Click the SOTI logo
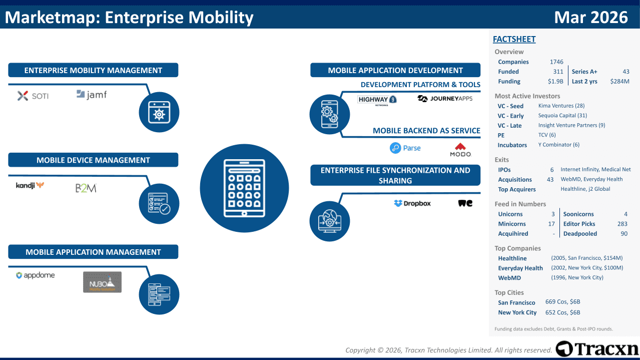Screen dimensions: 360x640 pyautogui.click(x=33, y=96)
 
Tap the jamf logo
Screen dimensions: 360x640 pyautogui.click(x=92, y=94)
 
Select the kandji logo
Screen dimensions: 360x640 pyautogui.click(x=30, y=186)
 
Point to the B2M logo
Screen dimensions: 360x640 pyautogui.click(x=86, y=188)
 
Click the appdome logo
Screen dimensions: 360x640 pyautogui.click(x=35, y=275)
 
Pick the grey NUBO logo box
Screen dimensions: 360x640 pyautogui.click(x=102, y=282)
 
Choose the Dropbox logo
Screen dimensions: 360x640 pyautogui.click(x=412, y=203)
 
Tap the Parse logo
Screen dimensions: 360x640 pyautogui.click(x=405, y=148)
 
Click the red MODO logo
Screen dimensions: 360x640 pyautogui.click(x=460, y=150)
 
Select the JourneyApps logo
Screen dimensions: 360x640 pyautogui.click(x=445, y=99)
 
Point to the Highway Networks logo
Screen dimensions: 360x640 pyautogui.click(x=377, y=101)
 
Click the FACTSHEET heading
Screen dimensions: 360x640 pyautogui.click(x=514, y=39)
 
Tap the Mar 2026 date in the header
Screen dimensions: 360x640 pyautogui.click(x=591, y=18)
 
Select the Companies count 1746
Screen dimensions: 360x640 pyautogui.click(x=556, y=62)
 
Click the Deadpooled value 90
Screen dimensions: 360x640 pyautogui.click(x=623, y=234)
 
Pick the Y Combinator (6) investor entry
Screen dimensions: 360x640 pyautogui.click(x=559, y=145)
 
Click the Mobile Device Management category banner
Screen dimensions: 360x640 pyautogui.click(x=93, y=160)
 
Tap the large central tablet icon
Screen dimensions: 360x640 pyautogui.click(x=244, y=188)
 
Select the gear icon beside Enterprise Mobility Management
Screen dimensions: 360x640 pyautogui.click(x=159, y=112)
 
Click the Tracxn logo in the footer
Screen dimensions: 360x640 pyautogui.click(x=597, y=349)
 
